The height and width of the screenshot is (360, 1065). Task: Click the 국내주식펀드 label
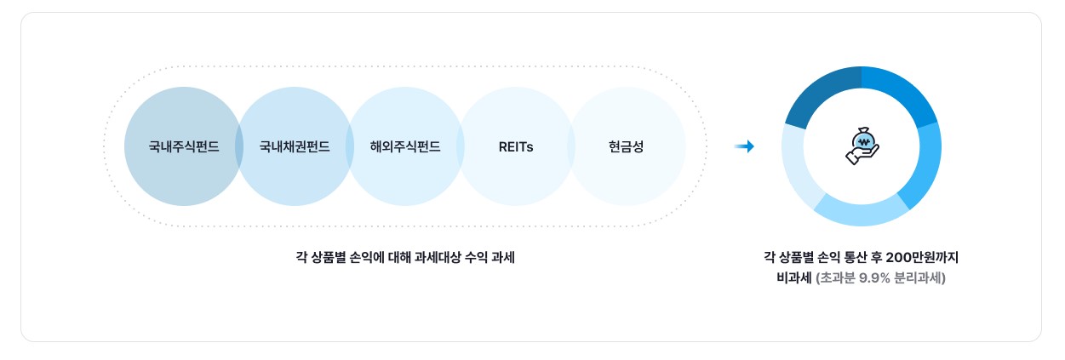click(184, 146)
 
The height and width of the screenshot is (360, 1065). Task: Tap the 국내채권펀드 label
click(295, 146)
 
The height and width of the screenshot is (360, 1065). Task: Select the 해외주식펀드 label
click(405, 146)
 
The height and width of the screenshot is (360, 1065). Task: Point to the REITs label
click(516, 146)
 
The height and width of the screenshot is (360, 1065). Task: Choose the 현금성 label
click(627, 146)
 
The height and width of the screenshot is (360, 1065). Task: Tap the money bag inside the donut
click(863, 139)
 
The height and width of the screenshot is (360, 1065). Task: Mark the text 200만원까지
click(924, 256)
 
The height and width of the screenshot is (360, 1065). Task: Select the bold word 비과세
click(788, 277)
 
